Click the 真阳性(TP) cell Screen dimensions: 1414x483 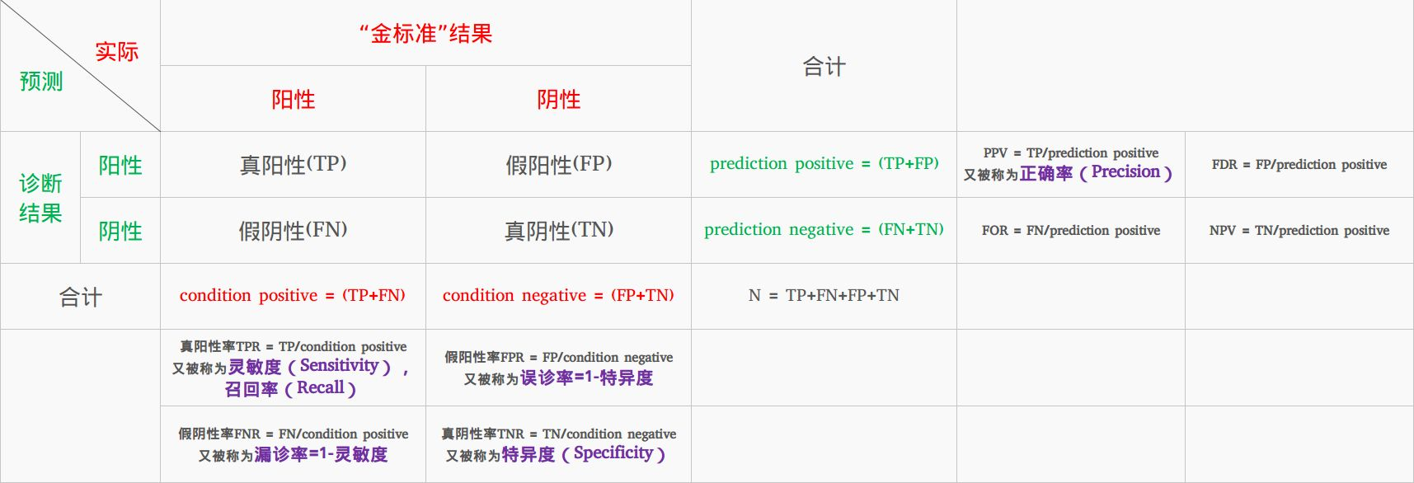pos(293,164)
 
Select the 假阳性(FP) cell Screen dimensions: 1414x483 pos(558,164)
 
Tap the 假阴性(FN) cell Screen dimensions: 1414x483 pos(293,230)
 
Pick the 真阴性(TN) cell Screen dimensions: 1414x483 pos(558,230)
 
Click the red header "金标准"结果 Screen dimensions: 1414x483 pos(425,34)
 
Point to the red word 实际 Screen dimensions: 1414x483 pos(116,51)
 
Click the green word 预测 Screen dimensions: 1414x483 pos(41,81)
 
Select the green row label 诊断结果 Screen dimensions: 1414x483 pos(40,198)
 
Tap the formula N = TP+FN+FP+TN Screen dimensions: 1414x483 pos(824,295)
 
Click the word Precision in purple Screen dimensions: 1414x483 pos(1125,171)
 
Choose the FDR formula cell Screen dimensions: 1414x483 pos(1299,164)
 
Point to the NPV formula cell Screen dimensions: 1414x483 pos(1299,230)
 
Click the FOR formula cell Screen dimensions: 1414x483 pos(1071,230)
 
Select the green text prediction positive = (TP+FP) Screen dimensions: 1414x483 pos(824,163)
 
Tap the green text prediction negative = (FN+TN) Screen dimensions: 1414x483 pos(824,229)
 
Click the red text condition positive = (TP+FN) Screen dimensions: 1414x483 pos(293,295)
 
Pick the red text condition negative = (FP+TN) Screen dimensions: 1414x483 pos(558,295)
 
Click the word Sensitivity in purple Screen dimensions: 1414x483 pos(339,365)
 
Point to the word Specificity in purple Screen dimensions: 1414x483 pos(613,453)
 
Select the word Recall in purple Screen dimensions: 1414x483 pos(321,387)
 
